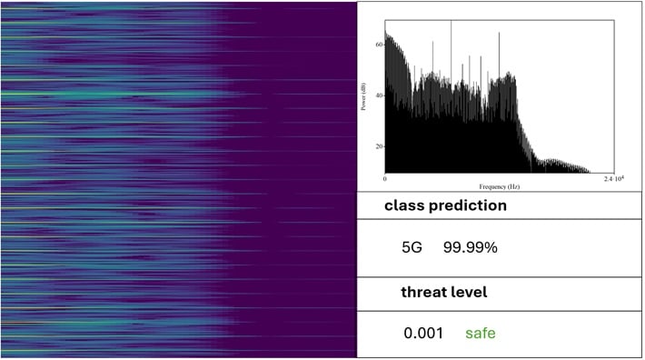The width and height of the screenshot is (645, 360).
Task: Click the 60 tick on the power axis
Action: click(380, 44)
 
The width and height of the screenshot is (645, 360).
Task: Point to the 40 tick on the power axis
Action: click(380, 95)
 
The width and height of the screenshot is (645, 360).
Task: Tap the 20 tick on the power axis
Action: click(380, 146)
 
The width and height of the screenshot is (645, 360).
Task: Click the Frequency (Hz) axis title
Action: click(499, 186)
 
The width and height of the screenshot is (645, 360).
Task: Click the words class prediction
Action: click(445, 205)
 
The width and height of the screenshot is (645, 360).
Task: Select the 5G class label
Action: click(412, 247)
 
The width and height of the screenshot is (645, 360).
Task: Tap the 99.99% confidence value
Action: click(470, 247)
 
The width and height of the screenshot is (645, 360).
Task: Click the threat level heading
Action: click(444, 292)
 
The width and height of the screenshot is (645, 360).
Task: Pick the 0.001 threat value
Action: click(423, 334)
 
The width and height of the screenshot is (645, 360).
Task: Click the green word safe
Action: click(481, 334)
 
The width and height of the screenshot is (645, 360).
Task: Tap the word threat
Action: click(424, 292)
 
